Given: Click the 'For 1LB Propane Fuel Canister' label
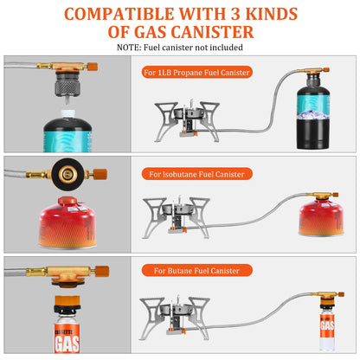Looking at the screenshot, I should (x=198, y=73).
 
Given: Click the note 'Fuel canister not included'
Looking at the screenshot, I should (x=179, y=48).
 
